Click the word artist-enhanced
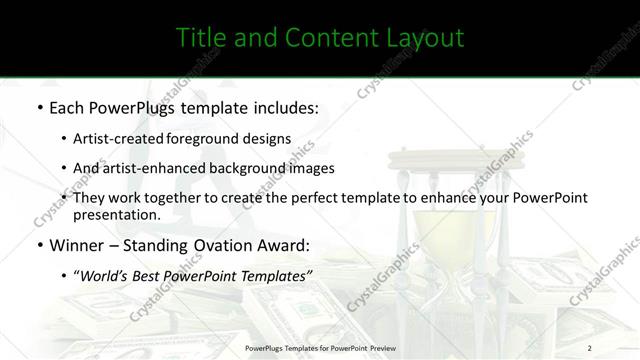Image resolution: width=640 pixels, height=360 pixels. pos(144,168)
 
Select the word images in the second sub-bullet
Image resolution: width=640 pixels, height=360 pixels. pos(311,168)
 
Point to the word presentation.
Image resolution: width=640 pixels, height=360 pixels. pos(117,214)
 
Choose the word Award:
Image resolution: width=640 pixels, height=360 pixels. pos(282,245)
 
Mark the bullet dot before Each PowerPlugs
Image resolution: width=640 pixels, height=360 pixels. pos(39,106)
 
